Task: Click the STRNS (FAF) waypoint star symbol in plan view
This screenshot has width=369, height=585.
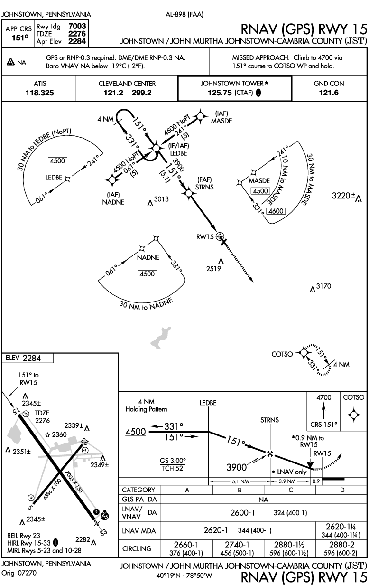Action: (188, 194)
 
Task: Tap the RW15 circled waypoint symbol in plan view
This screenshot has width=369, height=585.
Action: (220, 236)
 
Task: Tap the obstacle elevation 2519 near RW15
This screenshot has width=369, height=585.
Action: (214, 269)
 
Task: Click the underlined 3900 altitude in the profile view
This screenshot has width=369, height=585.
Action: (237, 468)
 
